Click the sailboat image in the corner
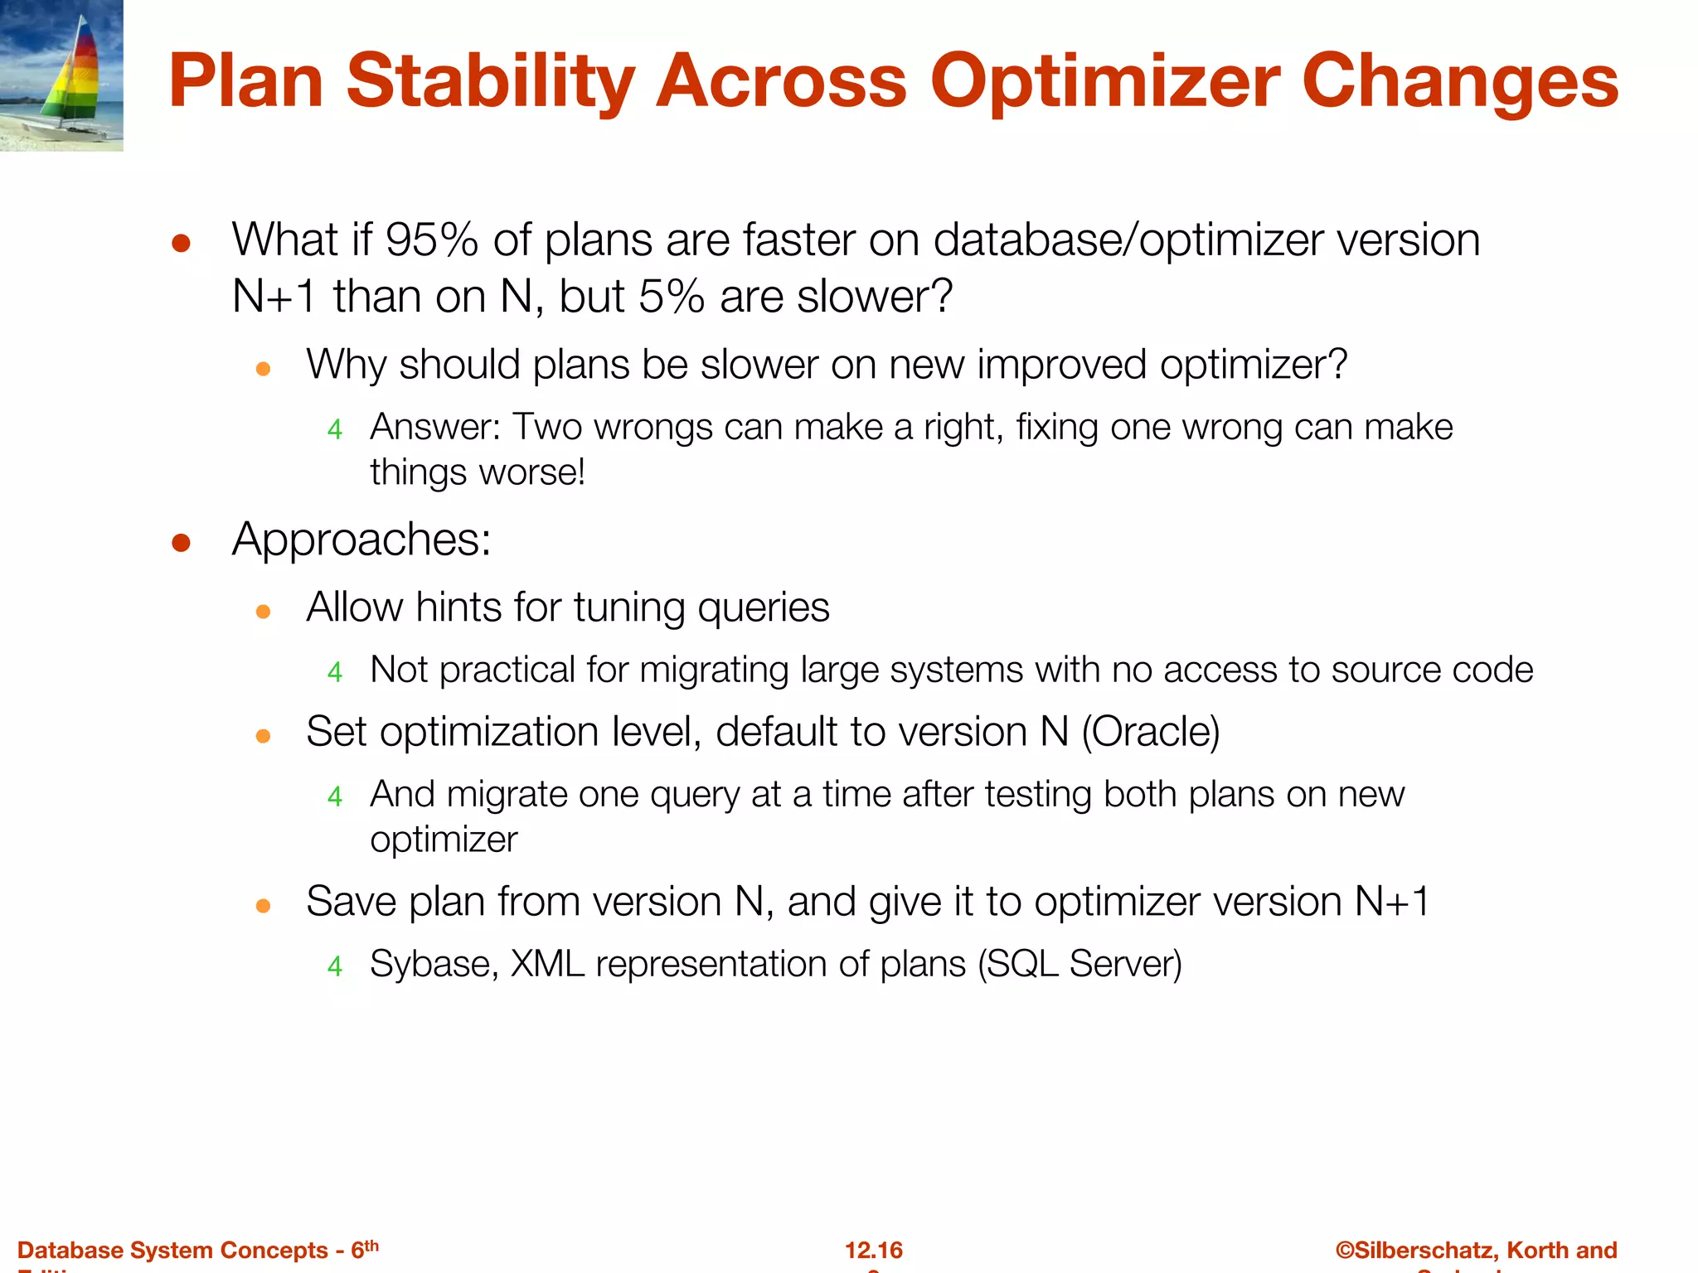pos(61,75)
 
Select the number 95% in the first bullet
pos(431,240)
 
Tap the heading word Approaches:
pos(361,540)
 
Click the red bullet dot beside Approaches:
pos(181,543)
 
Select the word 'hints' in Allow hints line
pos(458,607)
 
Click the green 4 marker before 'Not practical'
pos(335,671)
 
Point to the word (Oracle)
pos(1151,732)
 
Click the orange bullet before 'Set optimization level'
pos(264,736)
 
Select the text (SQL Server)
pos(1079,965)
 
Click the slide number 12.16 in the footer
pos(874,1250)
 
